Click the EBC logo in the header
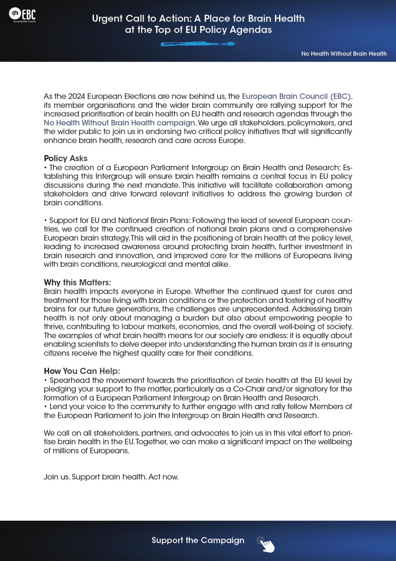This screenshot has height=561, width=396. [23, 15]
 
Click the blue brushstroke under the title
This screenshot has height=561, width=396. [198, 44]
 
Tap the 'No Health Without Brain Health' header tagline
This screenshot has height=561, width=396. [344, 54]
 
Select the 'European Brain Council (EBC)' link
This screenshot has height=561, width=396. [296, 96]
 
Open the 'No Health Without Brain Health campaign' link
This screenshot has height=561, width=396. [119, 123]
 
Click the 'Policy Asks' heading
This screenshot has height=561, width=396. [66, 158]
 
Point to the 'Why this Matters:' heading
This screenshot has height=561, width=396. [78, 282]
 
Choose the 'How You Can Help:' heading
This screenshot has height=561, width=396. [82, 371]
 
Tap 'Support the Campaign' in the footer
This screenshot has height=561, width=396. [198, 540]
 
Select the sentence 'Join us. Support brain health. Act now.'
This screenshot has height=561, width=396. [111, 477]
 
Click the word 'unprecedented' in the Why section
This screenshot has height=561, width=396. [261, 309]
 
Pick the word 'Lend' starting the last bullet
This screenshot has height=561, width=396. [57, 406]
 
